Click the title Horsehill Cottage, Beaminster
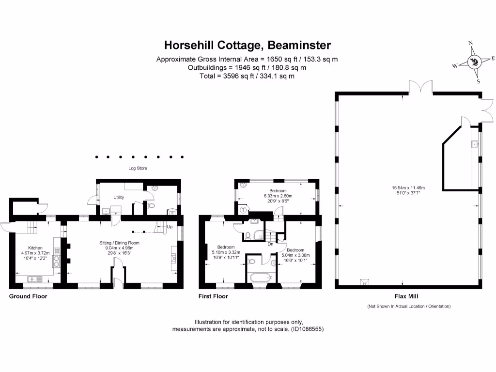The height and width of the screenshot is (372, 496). [x=248, y=45]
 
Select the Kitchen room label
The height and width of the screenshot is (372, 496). [x=35, y=248]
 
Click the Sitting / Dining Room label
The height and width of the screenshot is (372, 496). [x=119, y=243]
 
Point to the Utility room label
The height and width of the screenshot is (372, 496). [x=119, y=197]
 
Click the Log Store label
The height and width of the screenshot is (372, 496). [x=138, y=168]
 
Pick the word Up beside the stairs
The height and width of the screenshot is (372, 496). [x=170, y=227]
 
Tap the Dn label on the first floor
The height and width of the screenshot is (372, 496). [x=270, y=244]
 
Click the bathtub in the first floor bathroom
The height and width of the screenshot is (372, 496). [x=261, y=278]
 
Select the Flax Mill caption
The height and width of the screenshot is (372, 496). [x=406, y=296]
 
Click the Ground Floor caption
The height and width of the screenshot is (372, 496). [x=28, y=296]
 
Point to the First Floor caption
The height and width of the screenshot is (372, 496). [x=213, y=296]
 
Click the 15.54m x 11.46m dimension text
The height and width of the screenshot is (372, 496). [x=408, y=188]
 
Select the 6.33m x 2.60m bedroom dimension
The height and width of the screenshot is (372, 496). [x=278, y=196]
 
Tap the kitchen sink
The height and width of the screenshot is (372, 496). [x=35, y=279]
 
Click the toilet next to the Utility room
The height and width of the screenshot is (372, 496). [x=151, y=206]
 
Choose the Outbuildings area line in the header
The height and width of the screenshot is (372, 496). [x=247, y=68]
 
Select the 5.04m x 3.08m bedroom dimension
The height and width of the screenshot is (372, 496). [x=295, y=255]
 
